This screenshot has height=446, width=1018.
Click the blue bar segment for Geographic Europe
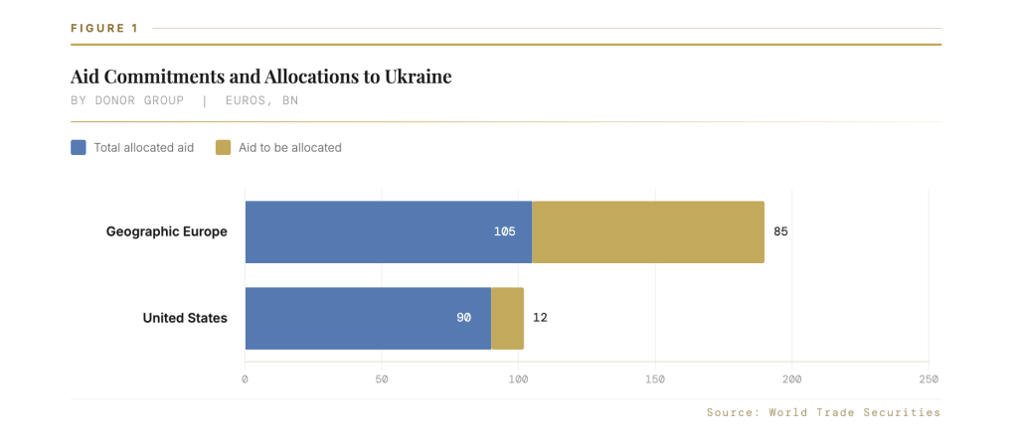tap(389, 232)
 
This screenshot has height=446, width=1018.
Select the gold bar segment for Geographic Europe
tap(648, 232)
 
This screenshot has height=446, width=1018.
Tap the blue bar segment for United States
tap(368, 318)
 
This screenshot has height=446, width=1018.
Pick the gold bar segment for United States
tap(508, 318)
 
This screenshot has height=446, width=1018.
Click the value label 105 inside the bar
tap(504, 232)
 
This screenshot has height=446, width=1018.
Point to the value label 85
tap(780, 231)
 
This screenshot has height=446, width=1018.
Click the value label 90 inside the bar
tap(463, 318)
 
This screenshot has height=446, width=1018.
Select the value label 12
tap(540, 318)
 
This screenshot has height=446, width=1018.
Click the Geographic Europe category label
tap(167, 231)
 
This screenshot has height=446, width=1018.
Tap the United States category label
tap(185, 318)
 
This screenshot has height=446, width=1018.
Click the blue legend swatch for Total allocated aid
tap(78, 148)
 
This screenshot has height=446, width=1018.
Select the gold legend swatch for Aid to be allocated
tap(224, 148)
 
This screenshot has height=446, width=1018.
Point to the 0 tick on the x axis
tap(245, 379)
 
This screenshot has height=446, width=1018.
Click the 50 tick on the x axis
tap(382, 379)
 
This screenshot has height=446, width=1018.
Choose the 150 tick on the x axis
tap(655, 379)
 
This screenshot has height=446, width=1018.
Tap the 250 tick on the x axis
tap(929, 379)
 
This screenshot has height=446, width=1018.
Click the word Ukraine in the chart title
tap(419, 76)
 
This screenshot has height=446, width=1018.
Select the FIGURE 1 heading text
tap(104, 28)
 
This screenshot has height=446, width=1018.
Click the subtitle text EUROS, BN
tap(262, 101)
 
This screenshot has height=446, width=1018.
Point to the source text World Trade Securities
tap(854, 412)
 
